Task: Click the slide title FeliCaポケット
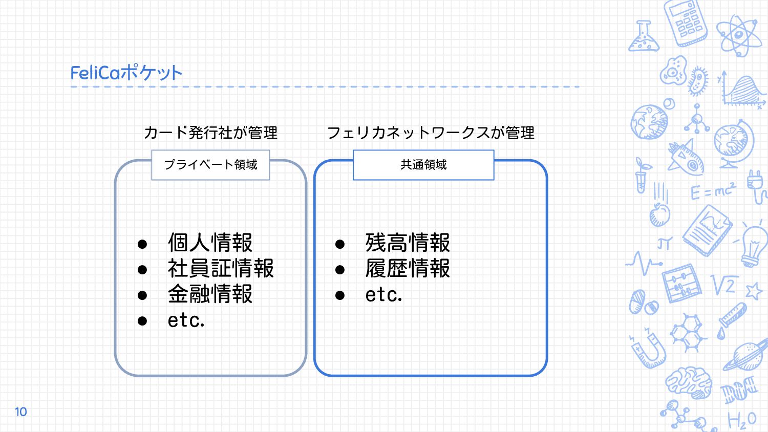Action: [x=126, y=73]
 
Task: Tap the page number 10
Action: [x=20, y=412]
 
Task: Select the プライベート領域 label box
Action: [x=210, y=165]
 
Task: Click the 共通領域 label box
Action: [x=423, y=165]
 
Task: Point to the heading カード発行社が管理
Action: [x=210, y=133]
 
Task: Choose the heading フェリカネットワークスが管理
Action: [x=431, y=133]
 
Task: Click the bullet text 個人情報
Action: [x=210, y=243]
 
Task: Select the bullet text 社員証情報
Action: [x=221, y=269]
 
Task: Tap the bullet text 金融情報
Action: [x=210, y=294]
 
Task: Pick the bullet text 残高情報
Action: [x=408, y=243]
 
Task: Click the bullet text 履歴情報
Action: [x=408, y=269]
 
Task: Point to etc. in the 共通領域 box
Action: [x=383, y=295]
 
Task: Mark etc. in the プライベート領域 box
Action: [x=186, y=320]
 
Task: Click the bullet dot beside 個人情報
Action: [x=142, y=244]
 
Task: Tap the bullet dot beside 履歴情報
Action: [x=340, y=270]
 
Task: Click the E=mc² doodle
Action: [x=713, y=191]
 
